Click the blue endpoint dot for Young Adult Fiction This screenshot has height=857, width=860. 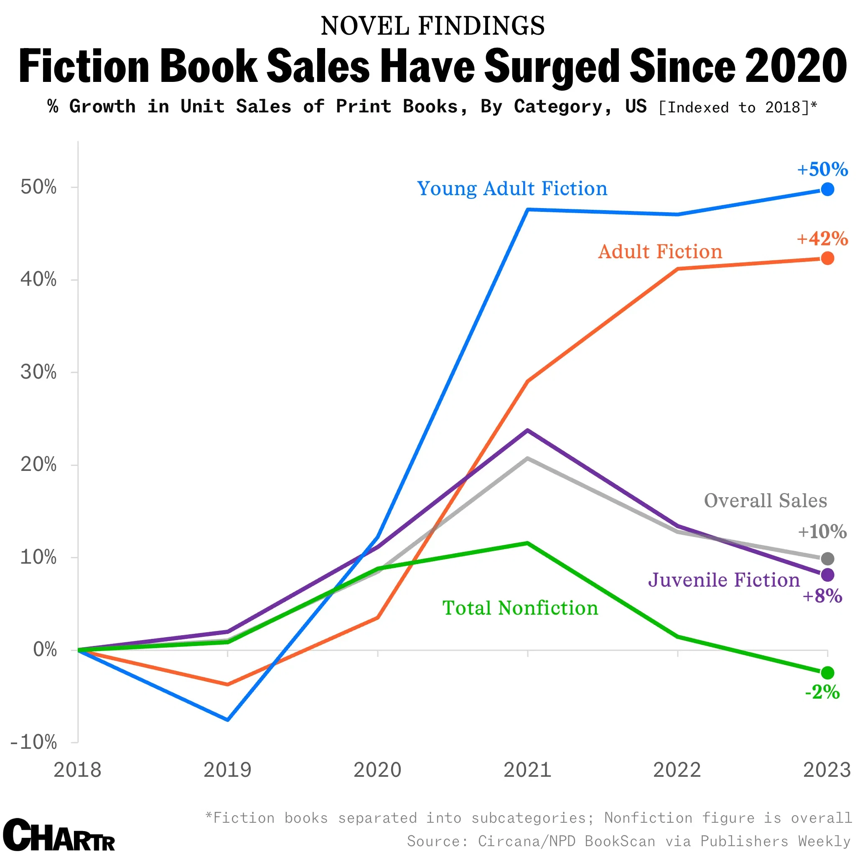pos(827,189)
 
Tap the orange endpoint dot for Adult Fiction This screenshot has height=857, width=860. pos(827,258)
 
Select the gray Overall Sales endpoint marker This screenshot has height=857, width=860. pos(827,558)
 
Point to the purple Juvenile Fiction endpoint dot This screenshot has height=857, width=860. pos(827,575)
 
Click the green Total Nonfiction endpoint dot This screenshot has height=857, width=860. pos(827,672)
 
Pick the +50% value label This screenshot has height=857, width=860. pos(822,170)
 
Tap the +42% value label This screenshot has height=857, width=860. pos(822,239)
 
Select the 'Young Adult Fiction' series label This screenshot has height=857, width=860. pos(512,189)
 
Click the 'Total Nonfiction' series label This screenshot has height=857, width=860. pos(520,608)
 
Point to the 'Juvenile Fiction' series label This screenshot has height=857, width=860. pos(724,580)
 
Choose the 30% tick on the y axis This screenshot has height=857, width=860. pos(39,372)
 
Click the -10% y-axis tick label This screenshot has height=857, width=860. pos(34,743)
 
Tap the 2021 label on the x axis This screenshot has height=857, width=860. pos(527,770)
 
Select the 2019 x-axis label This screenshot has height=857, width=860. pos(227,770)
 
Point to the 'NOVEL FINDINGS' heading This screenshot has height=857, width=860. pos(433,26)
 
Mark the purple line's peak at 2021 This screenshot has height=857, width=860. pos(527,430)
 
